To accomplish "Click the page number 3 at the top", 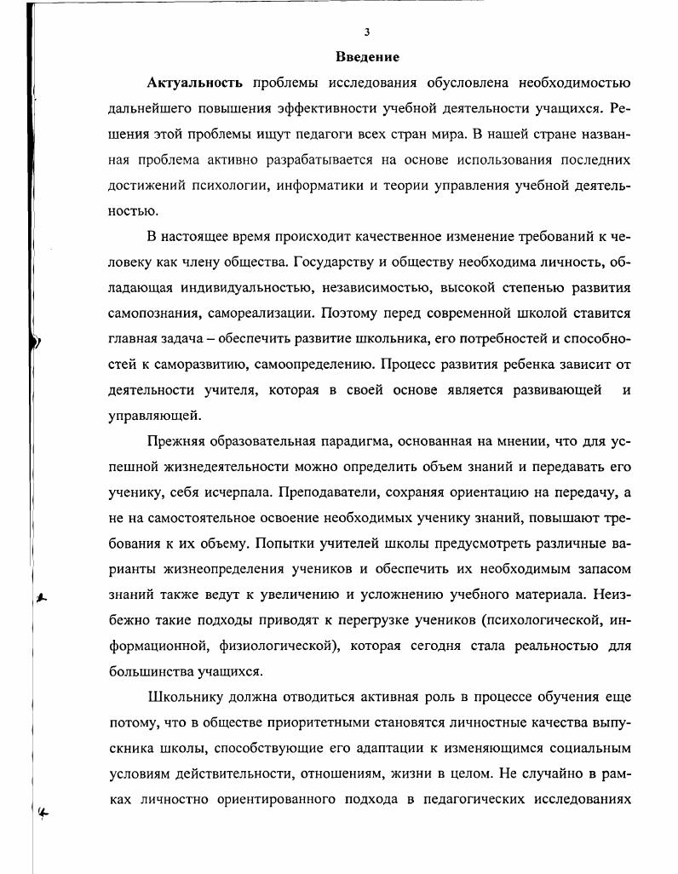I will [x=366, y=32].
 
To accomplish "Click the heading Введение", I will [x=367, y=57].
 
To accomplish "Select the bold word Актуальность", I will [x=195, y=83].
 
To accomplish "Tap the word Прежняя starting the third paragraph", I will [x=176, y=442].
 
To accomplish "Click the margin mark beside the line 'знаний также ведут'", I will [x=40, y=597].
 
